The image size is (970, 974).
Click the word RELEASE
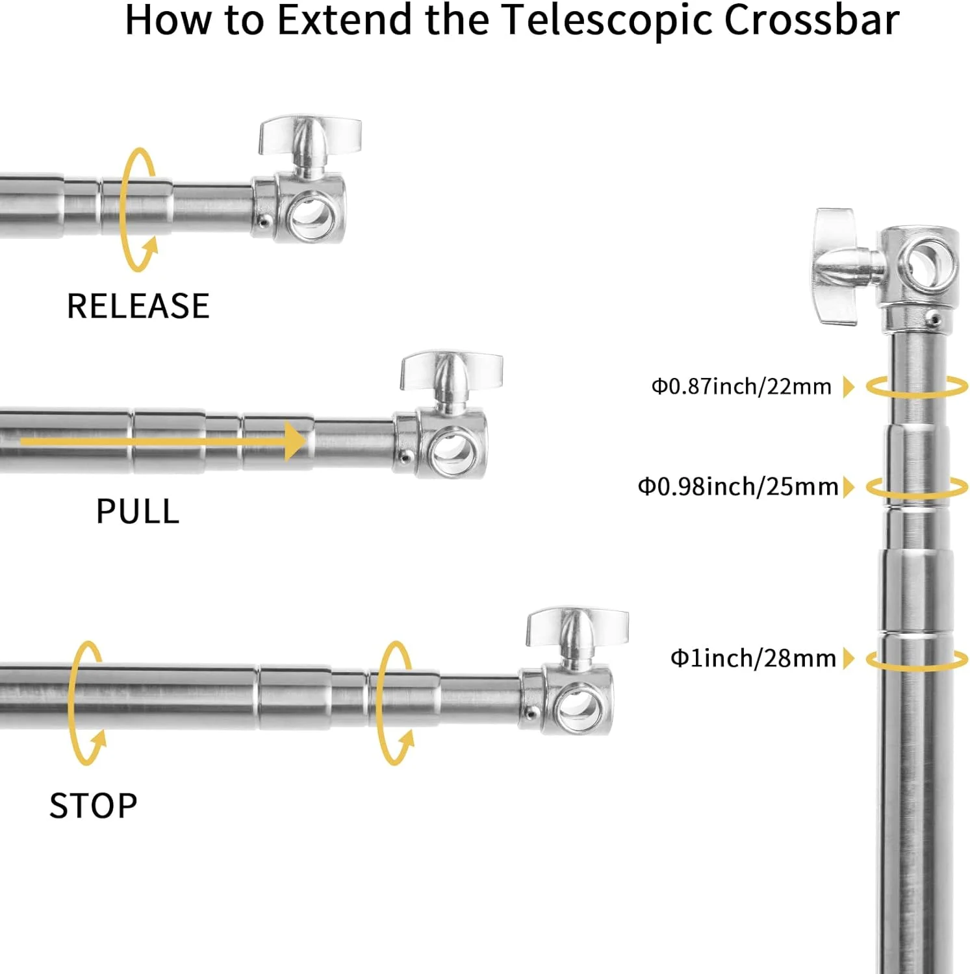point(138,306)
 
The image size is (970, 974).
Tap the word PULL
point(138,511)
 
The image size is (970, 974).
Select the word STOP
point(94,806)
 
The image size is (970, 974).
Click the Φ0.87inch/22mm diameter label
point(741,386)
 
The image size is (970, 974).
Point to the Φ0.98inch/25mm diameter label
point(738,486)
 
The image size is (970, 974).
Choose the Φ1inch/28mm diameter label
point(753,658)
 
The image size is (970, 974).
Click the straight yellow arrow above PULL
point(162,441)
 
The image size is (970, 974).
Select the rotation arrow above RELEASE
point(138,209)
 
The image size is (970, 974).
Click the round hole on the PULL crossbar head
point(453,449)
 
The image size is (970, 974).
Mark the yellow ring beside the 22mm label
point(917,387)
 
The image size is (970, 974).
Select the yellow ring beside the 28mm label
point(917,660)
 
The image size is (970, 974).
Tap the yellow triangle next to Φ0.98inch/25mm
point(849,486)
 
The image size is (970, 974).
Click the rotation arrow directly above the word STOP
point(88,703)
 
